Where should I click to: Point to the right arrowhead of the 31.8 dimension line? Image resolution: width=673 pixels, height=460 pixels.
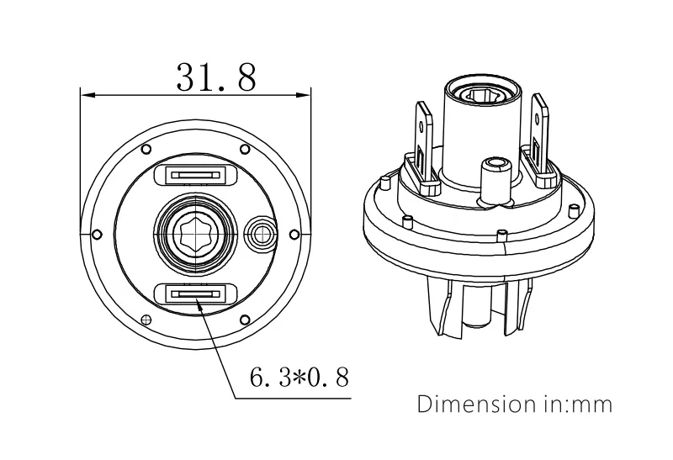[307, 94]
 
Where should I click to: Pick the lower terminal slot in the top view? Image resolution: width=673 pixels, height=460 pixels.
[195, 293]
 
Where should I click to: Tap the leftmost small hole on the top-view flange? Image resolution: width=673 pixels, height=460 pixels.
[97, 233]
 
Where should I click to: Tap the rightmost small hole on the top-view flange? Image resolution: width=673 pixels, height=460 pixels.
[294, 233]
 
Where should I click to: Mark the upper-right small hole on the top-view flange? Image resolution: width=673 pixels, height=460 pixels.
[245, 149]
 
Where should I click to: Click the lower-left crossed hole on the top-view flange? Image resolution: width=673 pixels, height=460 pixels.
[146, 320]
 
